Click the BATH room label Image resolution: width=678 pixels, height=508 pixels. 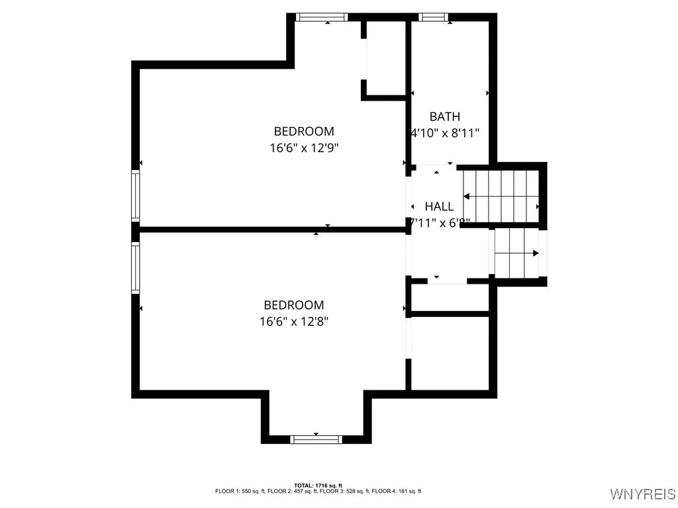444,116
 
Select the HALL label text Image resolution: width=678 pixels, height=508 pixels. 439,206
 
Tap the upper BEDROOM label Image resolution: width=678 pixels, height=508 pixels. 304,131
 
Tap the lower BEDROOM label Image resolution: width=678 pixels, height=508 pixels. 294,305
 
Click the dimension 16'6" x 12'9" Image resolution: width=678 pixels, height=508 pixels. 304,148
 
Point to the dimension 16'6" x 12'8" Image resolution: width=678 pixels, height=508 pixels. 294,322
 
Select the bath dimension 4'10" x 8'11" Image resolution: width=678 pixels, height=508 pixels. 445,133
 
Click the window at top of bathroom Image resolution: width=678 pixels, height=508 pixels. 434,17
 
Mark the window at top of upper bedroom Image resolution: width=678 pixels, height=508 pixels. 321,17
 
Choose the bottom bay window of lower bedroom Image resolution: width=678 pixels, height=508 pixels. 316,439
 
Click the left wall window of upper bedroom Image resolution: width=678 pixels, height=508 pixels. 136,195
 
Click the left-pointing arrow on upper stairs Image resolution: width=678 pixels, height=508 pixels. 467,196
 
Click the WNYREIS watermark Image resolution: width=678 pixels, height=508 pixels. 642,494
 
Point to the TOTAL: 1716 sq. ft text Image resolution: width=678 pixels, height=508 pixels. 318,486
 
